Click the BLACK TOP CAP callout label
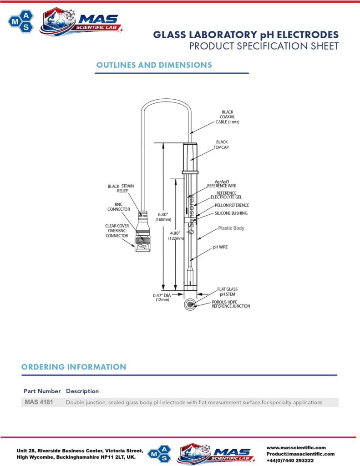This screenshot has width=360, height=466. [x=221, y=145]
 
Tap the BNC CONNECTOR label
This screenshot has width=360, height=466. [x=119, y=207]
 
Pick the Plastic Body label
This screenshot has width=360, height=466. [x=231, y=228]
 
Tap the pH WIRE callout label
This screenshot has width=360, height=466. [x=220, y=247]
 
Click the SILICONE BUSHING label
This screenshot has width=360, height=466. [x=231, y=213]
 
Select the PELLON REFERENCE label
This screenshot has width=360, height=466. [x=232, y=205]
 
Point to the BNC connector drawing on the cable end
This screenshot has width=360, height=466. [x=143, y=232]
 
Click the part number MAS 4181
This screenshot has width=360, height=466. [x=39, y=402]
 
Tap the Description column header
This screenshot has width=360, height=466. [x=82, y=391]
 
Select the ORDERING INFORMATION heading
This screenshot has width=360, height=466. [x=74, y=367]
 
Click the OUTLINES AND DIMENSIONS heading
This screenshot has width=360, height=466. [x=154, y=65]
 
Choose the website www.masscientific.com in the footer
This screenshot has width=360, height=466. [x=296, y=448]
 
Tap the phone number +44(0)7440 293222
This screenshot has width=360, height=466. [x=290, y=461]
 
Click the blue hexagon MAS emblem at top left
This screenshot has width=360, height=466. [x=21, y=21]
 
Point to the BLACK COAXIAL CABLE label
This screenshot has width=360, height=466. [x=228, y=117]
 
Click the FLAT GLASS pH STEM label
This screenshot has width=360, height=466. [x=228, y=292]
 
